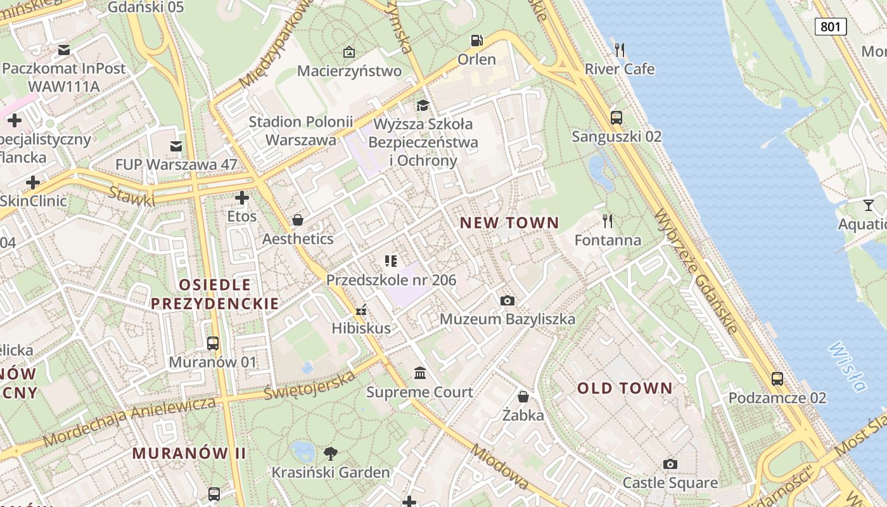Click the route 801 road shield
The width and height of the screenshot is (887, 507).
pos(831,26)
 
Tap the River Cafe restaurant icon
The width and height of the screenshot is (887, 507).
pos(620,49)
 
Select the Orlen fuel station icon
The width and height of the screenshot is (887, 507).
pos(476,41)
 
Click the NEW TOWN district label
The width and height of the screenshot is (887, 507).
pos(509,222)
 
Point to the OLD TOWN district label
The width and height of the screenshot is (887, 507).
pos(624,388)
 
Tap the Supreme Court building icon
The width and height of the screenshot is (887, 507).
pos(420,373)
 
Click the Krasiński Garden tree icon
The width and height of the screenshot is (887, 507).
pos(330,453)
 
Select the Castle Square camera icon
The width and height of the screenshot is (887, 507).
pos(670,464)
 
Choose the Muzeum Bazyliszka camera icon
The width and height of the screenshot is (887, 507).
pos(507,300)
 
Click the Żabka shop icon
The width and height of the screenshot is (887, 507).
pos(523,397)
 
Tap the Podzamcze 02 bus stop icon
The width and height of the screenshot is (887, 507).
pos(777,379)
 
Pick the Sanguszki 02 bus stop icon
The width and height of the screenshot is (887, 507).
pos(616,117)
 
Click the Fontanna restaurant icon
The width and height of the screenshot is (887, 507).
pos(608,221)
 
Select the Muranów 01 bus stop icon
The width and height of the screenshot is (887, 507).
pos(213,343)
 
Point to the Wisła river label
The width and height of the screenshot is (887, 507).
pos(846,367)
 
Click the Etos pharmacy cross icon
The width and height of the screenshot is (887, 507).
pos(241,198)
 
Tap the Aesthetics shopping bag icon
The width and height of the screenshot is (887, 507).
pos(297,220)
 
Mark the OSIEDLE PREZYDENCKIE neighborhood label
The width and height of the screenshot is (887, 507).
pos(215,293)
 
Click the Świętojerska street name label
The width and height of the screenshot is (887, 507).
pos(310,387)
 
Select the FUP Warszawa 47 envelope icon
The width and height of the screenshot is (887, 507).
pos(176,146)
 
